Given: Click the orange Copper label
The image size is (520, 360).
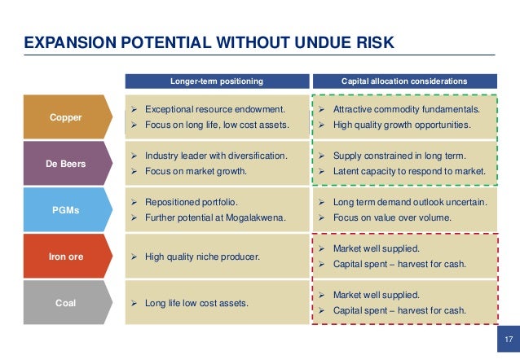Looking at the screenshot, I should tap(65, 117).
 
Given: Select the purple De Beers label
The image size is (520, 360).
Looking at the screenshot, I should tap(65, 163).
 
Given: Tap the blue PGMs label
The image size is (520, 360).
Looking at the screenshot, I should tap(65, 209).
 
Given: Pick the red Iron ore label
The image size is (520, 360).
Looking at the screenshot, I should tap(65, 257).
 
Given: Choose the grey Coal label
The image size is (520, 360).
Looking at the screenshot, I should tap(65, 303).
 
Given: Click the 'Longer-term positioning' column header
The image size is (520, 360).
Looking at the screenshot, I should tap(217, 81).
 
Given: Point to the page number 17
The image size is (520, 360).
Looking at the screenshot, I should tap(508, 338).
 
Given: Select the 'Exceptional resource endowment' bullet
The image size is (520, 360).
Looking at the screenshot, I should tap(214, 109).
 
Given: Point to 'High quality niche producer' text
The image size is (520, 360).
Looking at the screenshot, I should tap(202, 257).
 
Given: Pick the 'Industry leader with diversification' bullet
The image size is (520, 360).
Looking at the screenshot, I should tap(216, 155).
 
